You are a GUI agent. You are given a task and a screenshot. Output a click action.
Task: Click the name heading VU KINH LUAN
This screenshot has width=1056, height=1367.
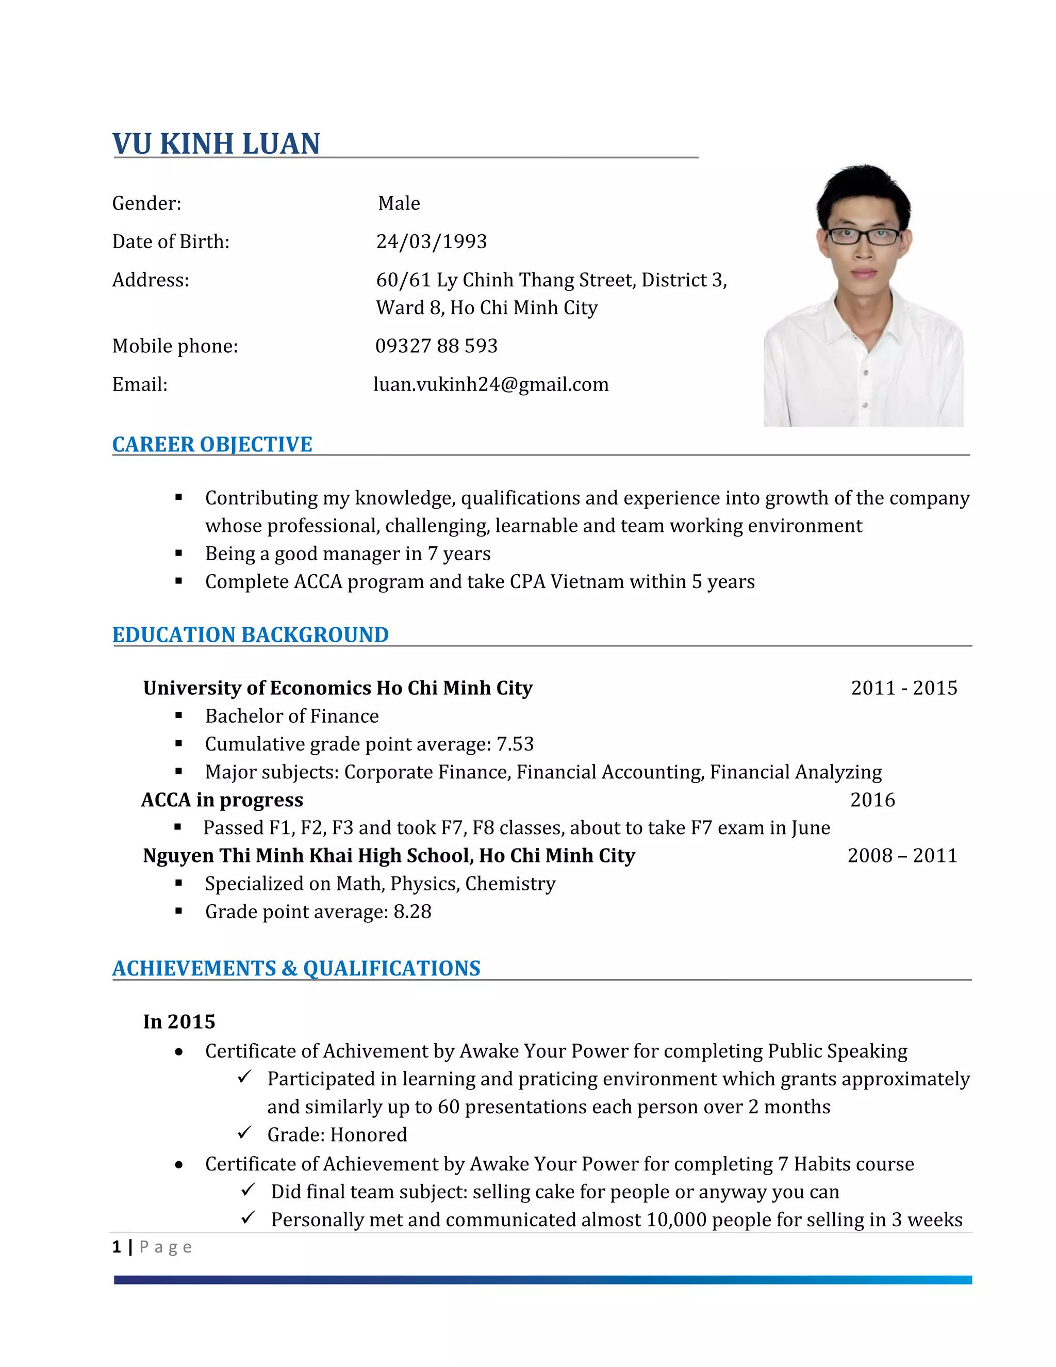pos(216,144)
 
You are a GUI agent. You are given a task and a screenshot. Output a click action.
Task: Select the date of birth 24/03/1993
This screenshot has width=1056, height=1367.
pos(431,241)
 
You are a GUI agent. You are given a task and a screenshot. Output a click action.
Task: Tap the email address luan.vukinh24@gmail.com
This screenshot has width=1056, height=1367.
pos(490,384)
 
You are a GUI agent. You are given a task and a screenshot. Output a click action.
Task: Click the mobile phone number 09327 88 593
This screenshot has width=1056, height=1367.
pos(436,346)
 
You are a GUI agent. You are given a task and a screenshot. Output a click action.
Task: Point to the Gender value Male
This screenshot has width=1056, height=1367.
pos(399,203)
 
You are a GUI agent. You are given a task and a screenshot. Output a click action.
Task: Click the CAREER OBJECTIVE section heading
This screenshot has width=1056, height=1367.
pos(212,444)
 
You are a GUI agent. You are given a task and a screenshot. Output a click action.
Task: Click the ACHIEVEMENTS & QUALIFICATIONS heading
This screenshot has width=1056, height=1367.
pos(296,968)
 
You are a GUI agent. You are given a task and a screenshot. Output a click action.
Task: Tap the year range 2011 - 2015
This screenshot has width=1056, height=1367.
pos(903,688)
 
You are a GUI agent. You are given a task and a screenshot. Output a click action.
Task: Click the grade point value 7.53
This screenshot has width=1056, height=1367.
pos(515,744)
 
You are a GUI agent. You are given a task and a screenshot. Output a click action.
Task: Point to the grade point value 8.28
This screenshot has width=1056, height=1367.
pos(412,912)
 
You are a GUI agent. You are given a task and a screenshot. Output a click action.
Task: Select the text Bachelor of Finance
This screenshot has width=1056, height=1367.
pos(291,716)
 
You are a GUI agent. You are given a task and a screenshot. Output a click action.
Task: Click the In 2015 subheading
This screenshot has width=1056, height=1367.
pos(179,1021)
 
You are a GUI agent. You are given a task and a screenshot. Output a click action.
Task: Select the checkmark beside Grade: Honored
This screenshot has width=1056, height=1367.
pos(244,1132)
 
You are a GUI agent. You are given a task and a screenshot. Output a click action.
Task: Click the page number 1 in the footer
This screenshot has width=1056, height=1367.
pos(117,1247)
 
